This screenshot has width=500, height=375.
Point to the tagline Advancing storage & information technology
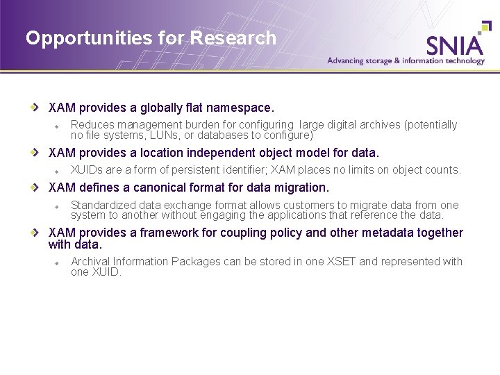[x=406, y=60]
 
